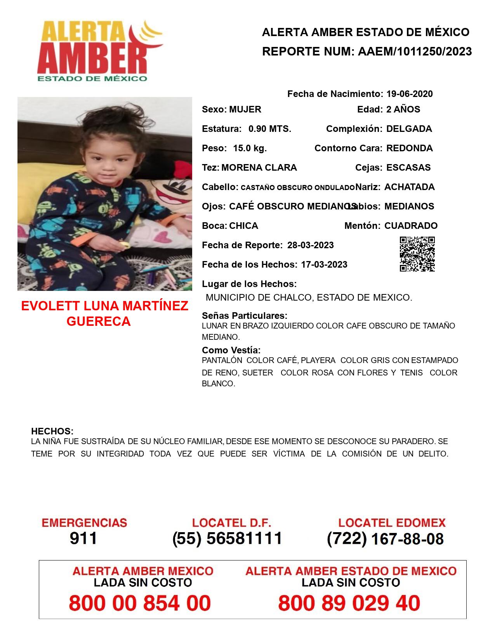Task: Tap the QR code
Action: click(417, 254)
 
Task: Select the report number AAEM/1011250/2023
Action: click(415, 52)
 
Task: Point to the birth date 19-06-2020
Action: click(409, 94)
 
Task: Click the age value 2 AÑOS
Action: click(403, 109)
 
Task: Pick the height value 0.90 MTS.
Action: click(270, 129)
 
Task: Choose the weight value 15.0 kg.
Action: click(250, 148)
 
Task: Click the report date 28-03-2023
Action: click(310, 245)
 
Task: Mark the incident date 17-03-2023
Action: click(324, 265)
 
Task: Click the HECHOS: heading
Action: click(52, 431)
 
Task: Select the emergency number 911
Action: click(83, 538)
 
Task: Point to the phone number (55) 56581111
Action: click(228, 538)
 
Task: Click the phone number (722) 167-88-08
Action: click(385, 539)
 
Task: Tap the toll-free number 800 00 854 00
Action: click(140, 603)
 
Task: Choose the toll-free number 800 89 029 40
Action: click(349, 603)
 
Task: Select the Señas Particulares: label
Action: click(245, 315)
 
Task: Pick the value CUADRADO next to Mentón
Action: click(411, 226)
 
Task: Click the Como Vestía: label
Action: click(231, 350)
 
